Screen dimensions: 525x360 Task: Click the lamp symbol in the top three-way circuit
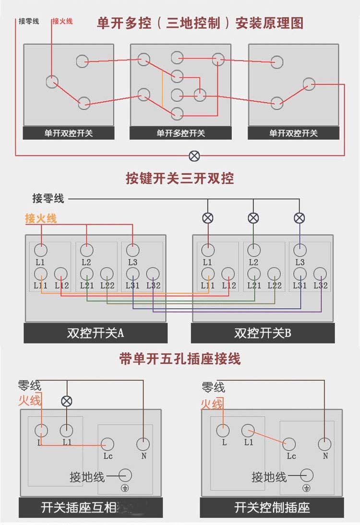[x=194, y=155]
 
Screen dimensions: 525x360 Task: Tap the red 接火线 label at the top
[x=62, y=21]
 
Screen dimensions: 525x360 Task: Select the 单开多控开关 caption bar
[x=180, y=133]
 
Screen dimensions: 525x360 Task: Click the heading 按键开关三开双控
[x=180, y=179]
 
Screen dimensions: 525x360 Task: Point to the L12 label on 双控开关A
[x=62, y=286]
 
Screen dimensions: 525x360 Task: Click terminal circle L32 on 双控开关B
[x=320, y=274]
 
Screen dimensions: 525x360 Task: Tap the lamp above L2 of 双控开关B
[x=253, y=218]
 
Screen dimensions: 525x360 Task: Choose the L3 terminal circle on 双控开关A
[x=133, y=250]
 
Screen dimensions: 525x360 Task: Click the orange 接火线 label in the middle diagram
[x=41, y=218]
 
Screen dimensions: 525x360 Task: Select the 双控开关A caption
[x=96, y=333]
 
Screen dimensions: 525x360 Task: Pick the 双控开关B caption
[x=263, y=333]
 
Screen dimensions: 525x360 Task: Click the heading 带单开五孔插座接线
[x=180, y=358]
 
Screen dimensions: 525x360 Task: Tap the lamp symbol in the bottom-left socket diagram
[x=67, y=401]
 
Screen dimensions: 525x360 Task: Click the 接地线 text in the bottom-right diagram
[x=269, y=477]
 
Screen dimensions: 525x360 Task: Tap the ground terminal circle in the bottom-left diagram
[x=125, y=475]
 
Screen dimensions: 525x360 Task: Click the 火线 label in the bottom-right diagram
[x=212, y=405]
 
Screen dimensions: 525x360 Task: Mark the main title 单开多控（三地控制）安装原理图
[x=200, y=23]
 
